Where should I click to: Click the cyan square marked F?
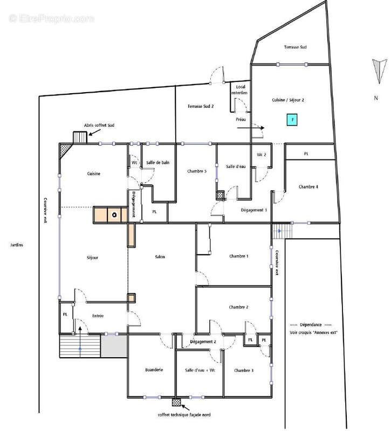coord(292,120)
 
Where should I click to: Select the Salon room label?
coord(160,257)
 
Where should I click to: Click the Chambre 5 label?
coord(197,171)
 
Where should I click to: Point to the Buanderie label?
coord(154,370)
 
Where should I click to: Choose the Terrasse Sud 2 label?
coord(201,106)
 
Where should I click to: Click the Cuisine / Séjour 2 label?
coord(288,100)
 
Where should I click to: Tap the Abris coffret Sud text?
coord(99,126)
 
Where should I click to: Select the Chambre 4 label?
coord(308,187)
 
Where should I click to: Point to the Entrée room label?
coord(98,316)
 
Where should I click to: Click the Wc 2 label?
coord(262,155)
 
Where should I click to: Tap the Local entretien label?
coord(239,90)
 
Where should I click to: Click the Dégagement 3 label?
coord(253,210)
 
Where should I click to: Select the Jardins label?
coord(17,245)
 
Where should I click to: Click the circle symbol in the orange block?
coord(115,215)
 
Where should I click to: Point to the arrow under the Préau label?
coord(251,128)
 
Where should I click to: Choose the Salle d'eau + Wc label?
coord(200,370)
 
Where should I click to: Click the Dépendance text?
coord(311,325)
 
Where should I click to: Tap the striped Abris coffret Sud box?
coord(80,137)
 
